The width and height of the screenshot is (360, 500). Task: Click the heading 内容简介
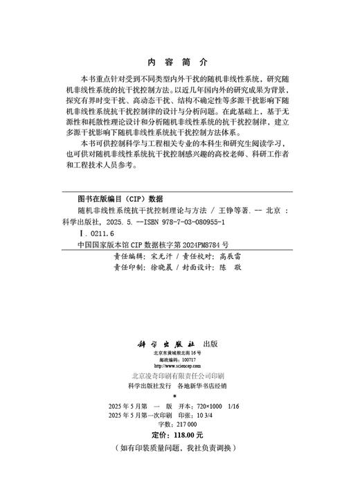(179, 62)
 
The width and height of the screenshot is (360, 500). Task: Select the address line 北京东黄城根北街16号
(179, 353)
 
